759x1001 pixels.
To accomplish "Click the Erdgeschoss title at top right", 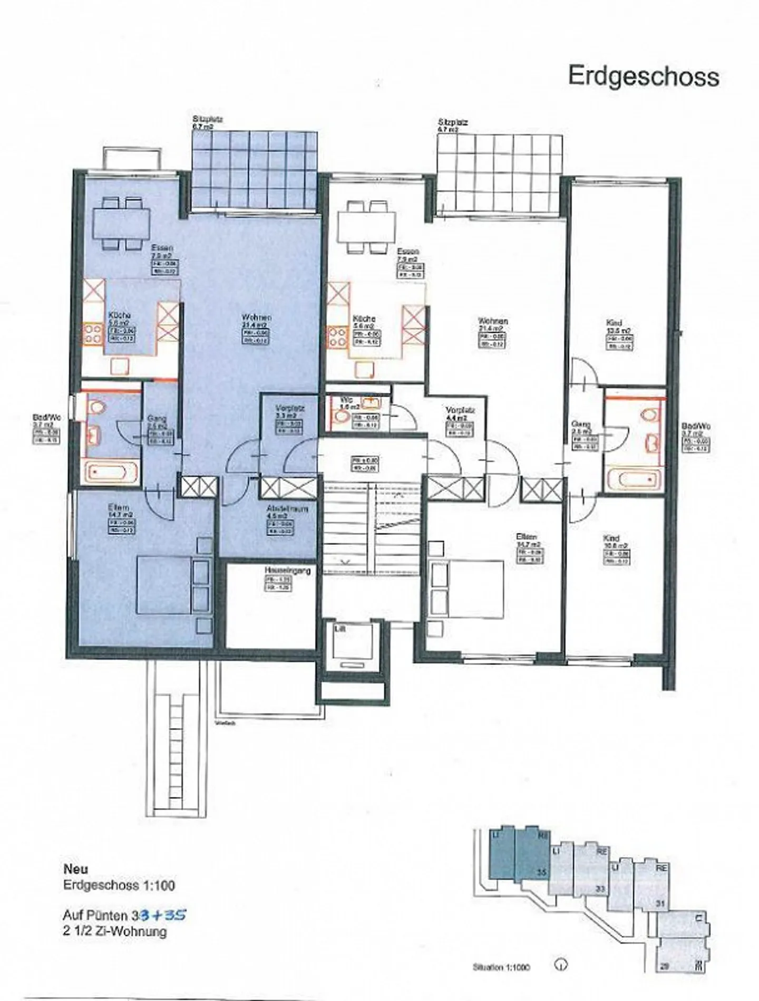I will (x=644, y=77).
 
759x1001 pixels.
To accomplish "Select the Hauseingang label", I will (x=288, y=571).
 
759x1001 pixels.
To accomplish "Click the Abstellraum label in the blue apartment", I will (x=287, y=509).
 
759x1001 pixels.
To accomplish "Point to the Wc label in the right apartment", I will (x=346, y=400).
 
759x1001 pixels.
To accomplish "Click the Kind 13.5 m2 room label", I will (x=614, y=323).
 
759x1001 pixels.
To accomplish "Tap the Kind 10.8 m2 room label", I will (x=611, y=538).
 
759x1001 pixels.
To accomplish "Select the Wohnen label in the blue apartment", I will (x=257, y=317).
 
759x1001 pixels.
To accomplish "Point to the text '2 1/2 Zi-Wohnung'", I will (x=115, y=931).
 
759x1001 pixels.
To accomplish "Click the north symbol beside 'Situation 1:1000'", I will (x=561, y=965).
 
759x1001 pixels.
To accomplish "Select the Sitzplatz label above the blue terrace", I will (x=208, y=120).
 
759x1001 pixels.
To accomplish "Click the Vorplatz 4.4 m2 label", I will (x=460, y=410).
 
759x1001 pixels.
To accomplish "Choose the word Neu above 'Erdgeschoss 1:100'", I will (x=75, y=869).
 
